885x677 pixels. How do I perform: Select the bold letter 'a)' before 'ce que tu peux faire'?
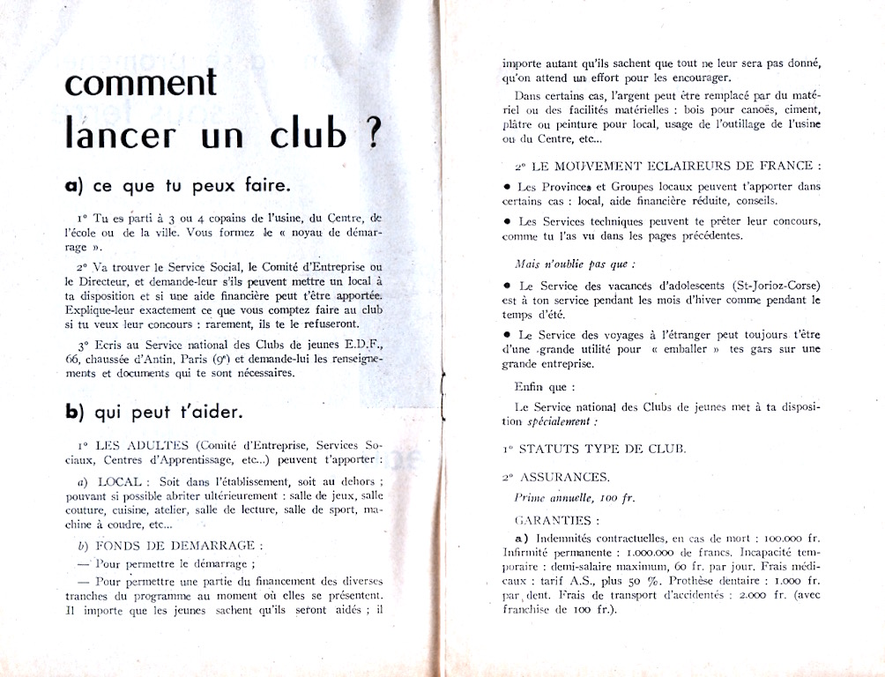(x=74, y=186)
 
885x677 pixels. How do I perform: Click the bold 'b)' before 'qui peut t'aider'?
(x=74, y=412)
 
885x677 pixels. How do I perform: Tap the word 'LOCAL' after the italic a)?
(x=120, y=481)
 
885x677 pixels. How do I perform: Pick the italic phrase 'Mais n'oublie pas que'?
(x=574, y=264)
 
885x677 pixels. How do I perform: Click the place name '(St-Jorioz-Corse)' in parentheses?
(x=769, y=286)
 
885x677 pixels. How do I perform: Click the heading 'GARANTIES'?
(x=555, y=520)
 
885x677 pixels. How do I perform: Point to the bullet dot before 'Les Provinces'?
(x=507, y=187)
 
